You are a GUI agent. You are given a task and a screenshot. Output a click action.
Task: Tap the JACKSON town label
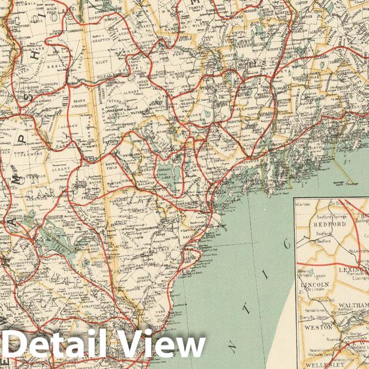pos(68,127)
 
